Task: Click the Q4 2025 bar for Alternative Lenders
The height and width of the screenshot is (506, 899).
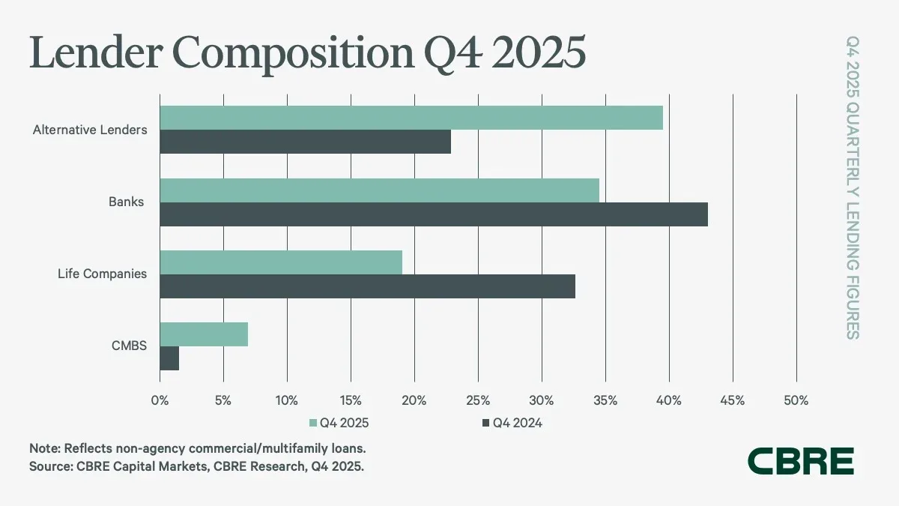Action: tap(411, 118)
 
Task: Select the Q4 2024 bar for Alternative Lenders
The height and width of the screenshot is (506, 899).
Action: tap(306, 142)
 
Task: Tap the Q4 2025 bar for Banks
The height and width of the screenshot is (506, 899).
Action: tap(379, 190)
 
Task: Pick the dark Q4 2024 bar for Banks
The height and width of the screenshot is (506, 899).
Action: tap(434, 214)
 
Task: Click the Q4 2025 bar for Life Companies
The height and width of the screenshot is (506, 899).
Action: tap(281, 262)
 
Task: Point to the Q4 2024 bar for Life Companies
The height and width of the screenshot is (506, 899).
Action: tap(367, 286)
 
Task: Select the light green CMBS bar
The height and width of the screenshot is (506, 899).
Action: tap(204, 334)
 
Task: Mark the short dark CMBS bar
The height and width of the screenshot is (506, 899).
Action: tap(169, 358)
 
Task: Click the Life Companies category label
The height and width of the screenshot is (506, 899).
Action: tap(102, 274)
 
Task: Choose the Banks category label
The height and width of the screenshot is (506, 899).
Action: tap(125, 202)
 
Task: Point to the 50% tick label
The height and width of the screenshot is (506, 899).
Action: tap(796, 401)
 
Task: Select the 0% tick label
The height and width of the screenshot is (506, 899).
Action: tap(160, 401)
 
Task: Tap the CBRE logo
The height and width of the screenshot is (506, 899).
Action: tap(801, 461)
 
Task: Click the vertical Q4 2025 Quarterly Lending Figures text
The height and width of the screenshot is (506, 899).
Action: tap(853, 187)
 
